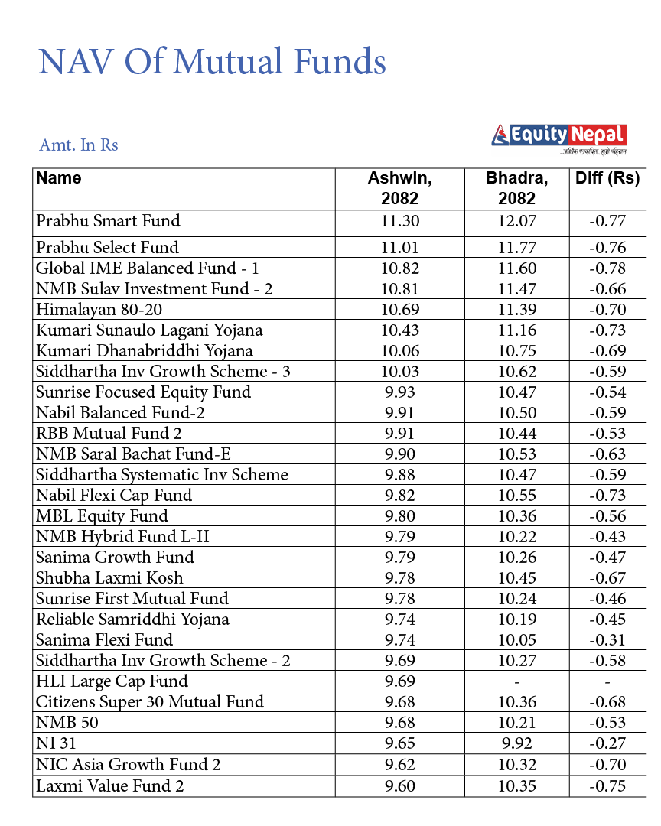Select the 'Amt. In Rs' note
(x=78, y=145)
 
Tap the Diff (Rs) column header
(x=607, y=178)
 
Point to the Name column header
(x=59, y=178)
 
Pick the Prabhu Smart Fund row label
(x=108, y=221)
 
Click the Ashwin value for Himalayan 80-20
(x=399, y=310)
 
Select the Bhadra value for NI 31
(x=517, y=743)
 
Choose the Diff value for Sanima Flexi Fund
(x=607, y=640)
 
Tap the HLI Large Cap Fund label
(x=112, y=681)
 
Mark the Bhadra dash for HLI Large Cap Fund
(x=517, y=681)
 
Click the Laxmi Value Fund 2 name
(x=110, y=785)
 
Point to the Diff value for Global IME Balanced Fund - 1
(x=607, y=268)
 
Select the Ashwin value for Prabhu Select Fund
(x=399, y=248)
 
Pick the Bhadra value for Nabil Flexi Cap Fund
(x=517, y=496)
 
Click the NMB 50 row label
(x=67, y=723)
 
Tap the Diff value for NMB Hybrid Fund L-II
(x=607, y=537)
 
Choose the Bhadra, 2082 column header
(x=517, y=188)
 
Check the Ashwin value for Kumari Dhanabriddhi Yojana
(x=399, y=351)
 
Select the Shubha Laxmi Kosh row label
(x=109, y=578)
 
